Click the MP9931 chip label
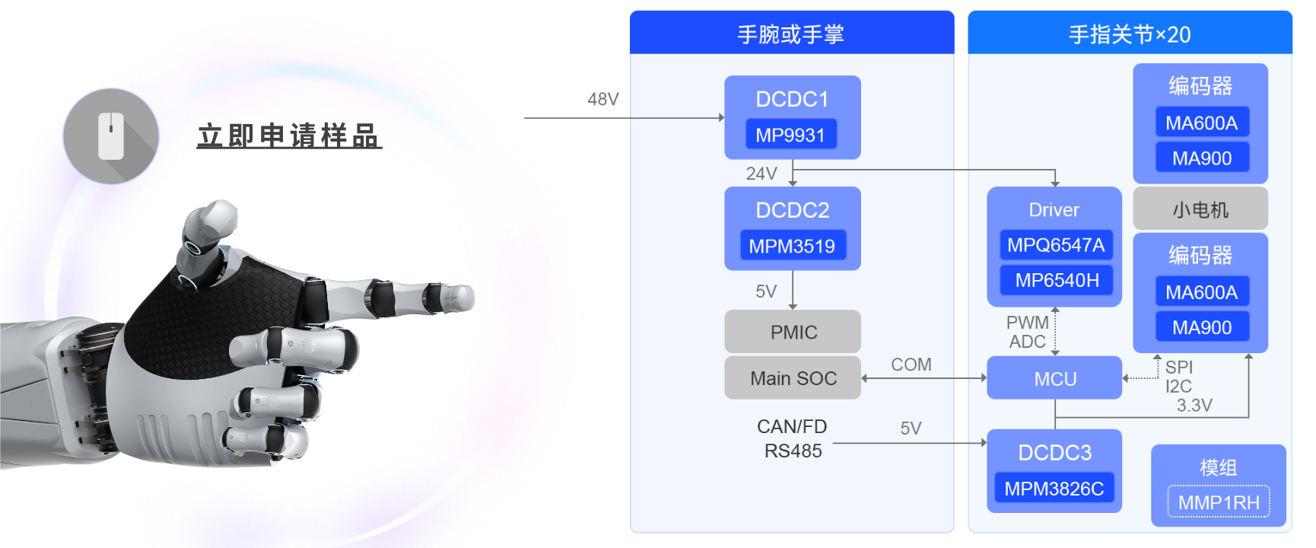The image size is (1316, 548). click(x=790, y=135)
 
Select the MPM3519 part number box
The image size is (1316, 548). click(x=792, y=246)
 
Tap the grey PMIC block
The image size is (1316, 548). click(x=793, y=332)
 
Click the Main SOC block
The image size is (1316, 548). click(x=793, y=378)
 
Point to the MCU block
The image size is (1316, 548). click(x=1054, y=378)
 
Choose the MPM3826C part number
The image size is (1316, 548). click(x=1054, y=489)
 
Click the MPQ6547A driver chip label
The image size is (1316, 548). click(x=1056, y=245)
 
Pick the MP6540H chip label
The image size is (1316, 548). click(x=1057, y=280)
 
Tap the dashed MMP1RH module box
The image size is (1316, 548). click(x=1219, y=502)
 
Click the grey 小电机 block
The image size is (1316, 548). click(x=1200, y=209)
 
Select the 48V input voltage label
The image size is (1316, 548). click(x=603, y=100)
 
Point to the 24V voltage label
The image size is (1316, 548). click(x=761, y=174)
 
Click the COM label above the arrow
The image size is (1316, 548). click(x=911, y=365)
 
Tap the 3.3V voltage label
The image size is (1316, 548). click(x=1194, y=406)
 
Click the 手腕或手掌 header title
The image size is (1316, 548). click(x=791, y=34)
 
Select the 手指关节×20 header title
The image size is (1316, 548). click(x=1130, y=34)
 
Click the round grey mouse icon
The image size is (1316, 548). click(x=111, y=136)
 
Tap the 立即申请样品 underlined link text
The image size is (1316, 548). click(x=289, y=136)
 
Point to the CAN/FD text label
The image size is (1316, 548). click(x=792, y=427)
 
